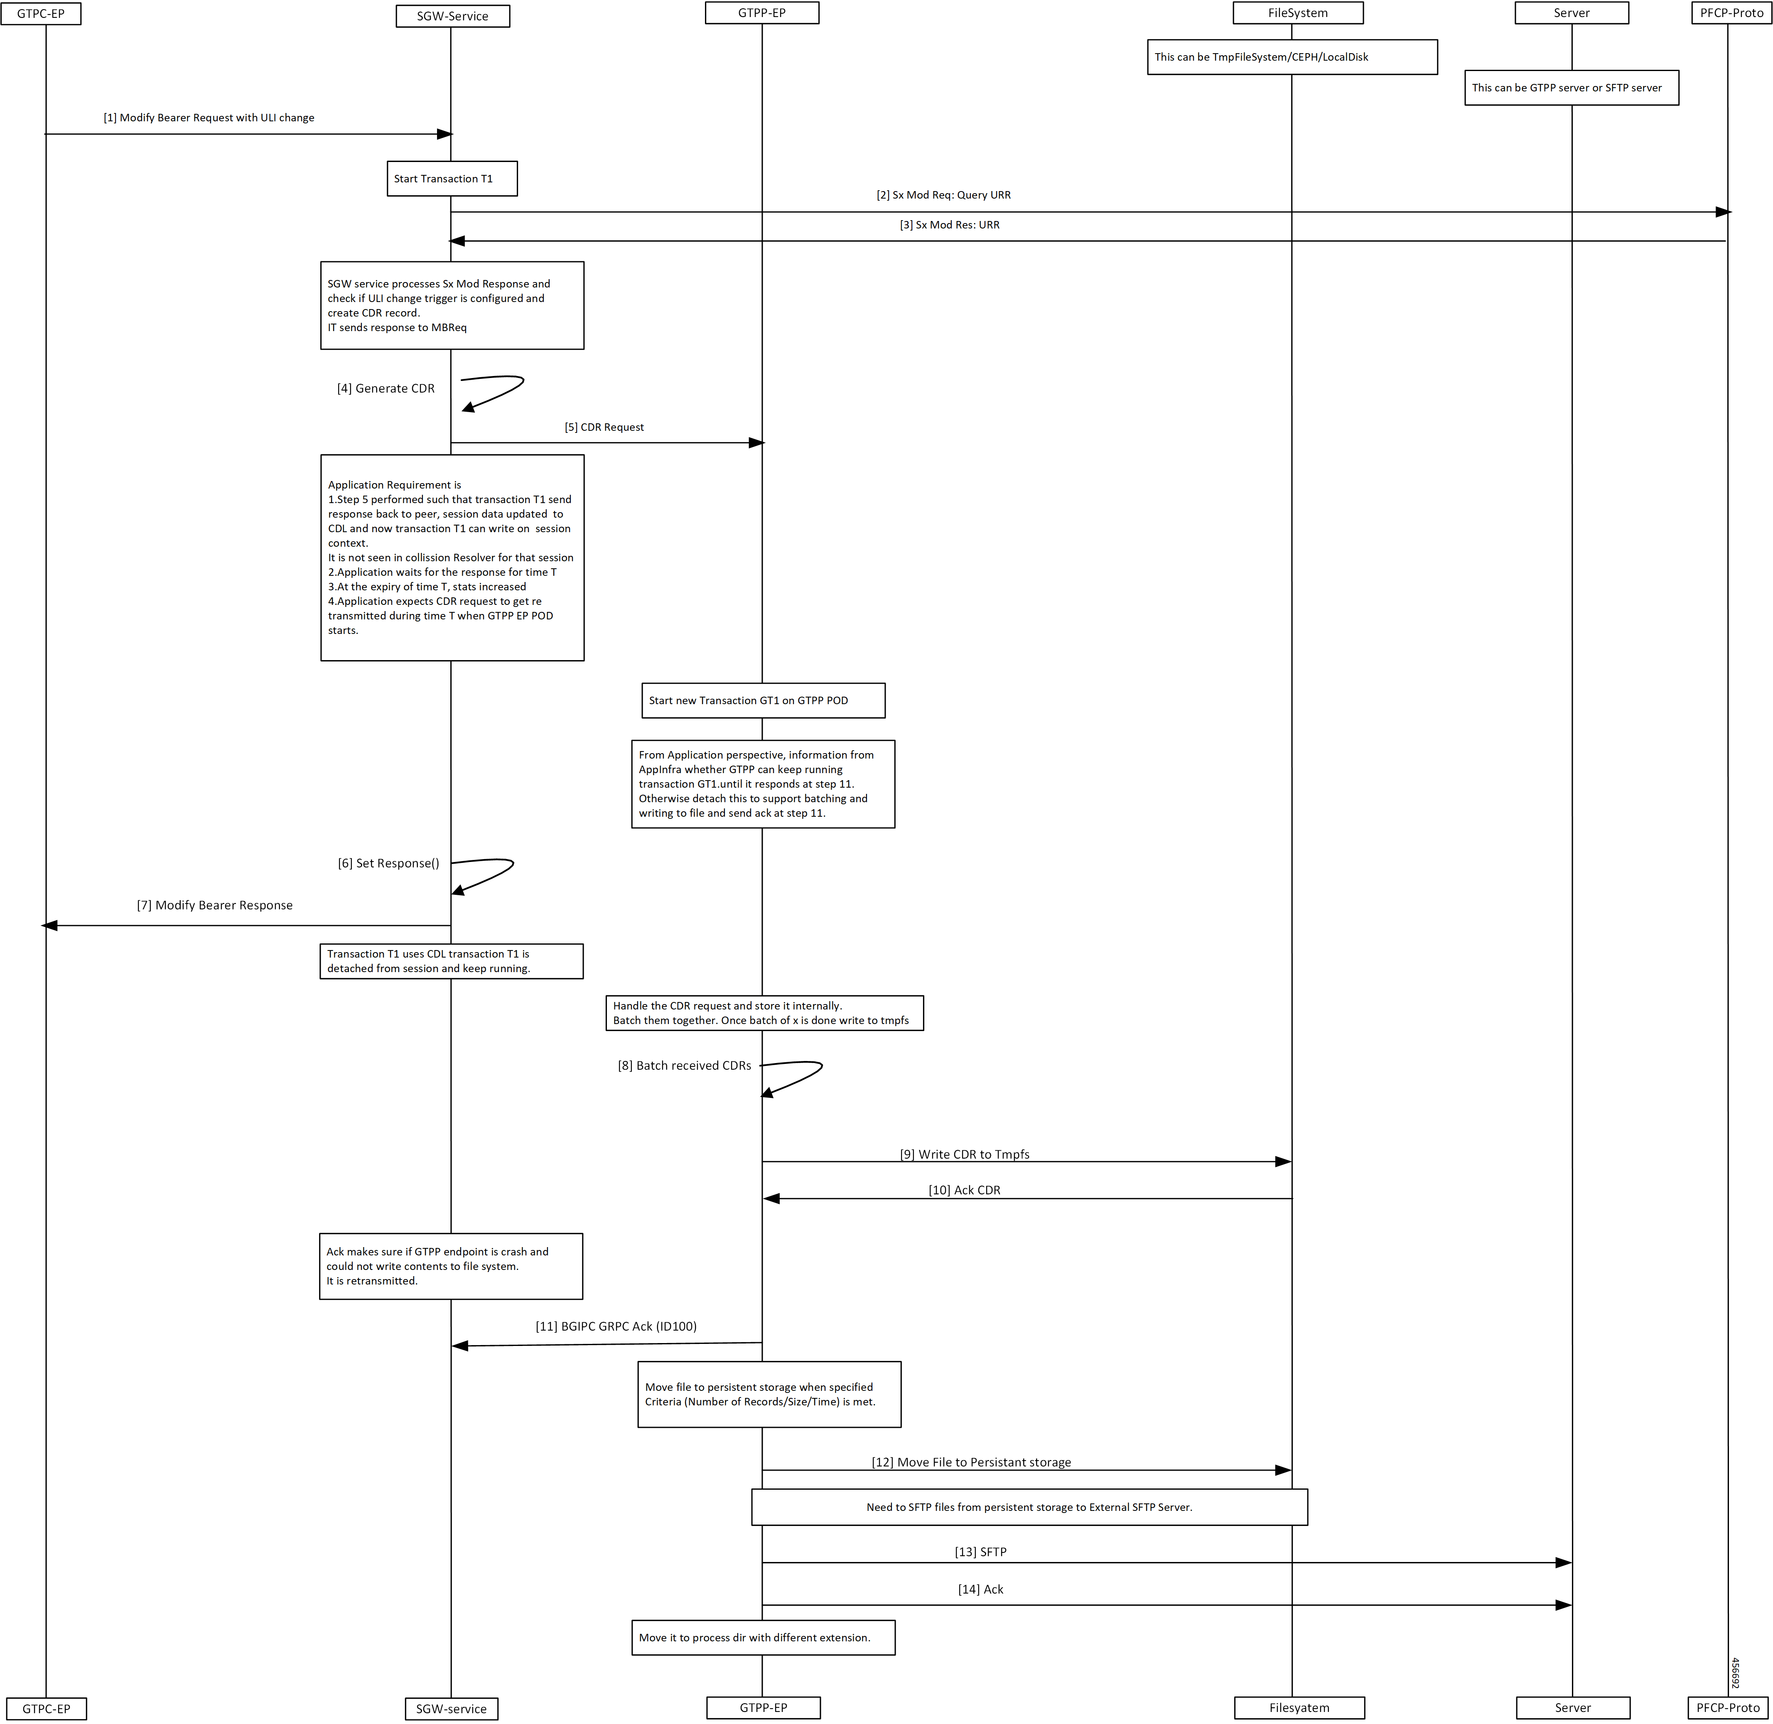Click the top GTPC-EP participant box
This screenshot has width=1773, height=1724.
tap(41, 14)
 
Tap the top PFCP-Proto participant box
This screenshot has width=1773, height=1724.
tap(1731, 13)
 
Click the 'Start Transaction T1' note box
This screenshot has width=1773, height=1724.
tap(452, 178)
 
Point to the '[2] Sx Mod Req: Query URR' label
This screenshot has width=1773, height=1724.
tap(943, 195)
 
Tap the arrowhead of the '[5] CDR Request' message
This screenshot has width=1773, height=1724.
tap(757, 443)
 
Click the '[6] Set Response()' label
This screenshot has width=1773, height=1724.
tap(388, 863)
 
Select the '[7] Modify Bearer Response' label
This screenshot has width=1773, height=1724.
tap(215, 904)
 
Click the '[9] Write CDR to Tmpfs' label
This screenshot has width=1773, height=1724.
tap(964, 1154)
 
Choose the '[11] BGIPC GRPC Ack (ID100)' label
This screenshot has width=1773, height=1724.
tap(616, 1326)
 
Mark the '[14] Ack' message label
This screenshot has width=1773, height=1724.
tap(981, 1589)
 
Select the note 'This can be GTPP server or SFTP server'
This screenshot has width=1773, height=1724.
tap(1571, 88)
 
